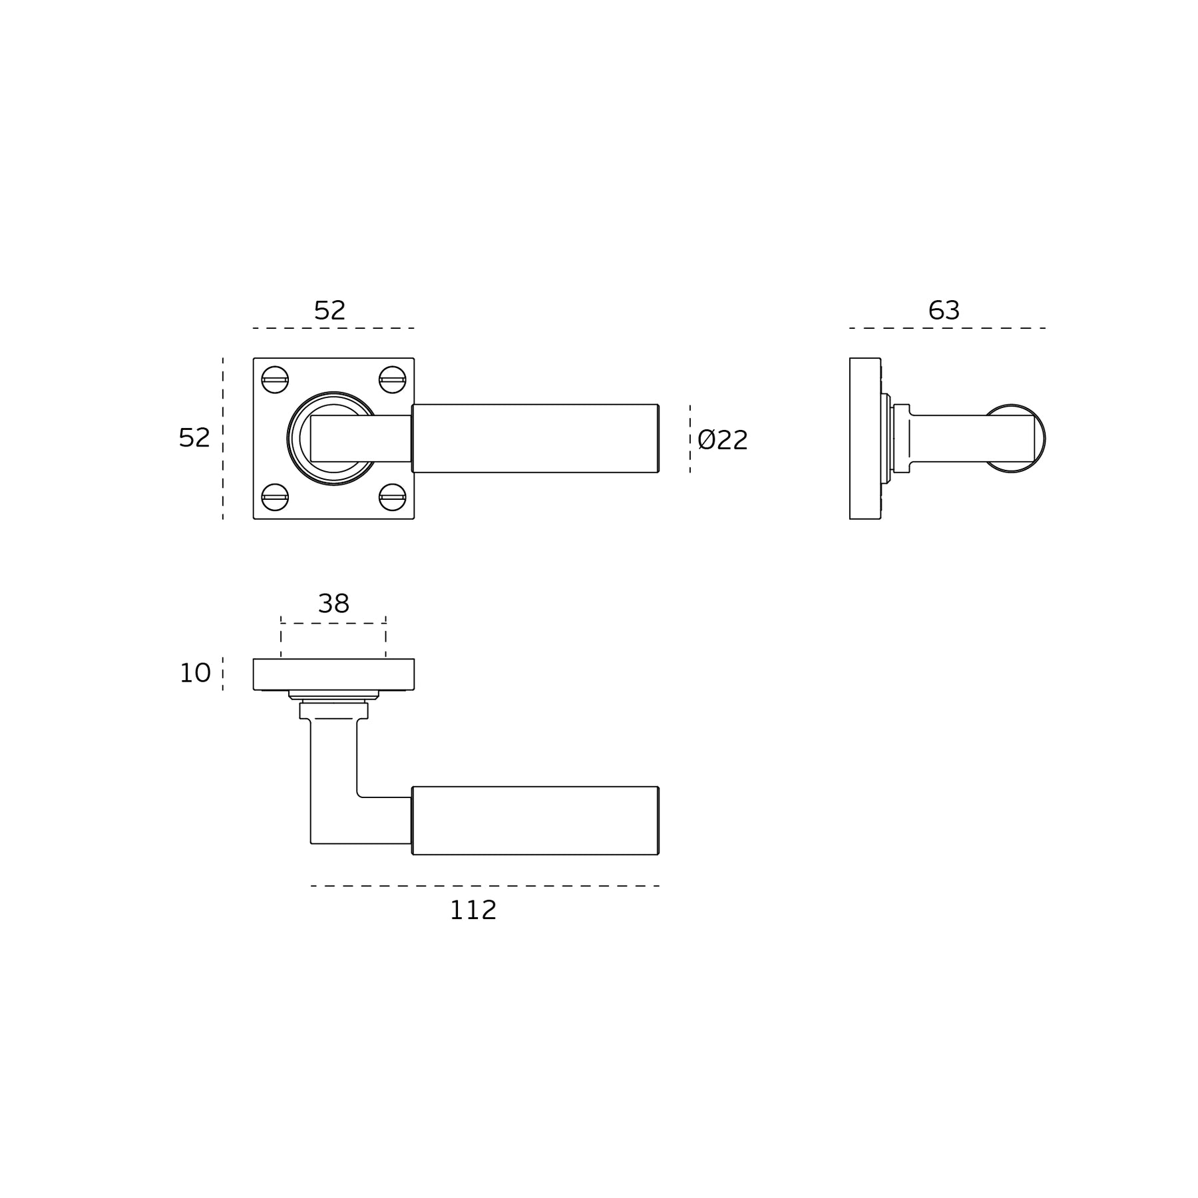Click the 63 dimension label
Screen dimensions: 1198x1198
coord(944,310)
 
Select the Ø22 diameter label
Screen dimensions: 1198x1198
coord(723,440)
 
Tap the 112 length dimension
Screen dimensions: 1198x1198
coord(473,910)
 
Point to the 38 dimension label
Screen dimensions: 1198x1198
coord(333,604)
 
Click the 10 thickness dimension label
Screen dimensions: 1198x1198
coord(195,674)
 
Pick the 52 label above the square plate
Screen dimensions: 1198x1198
coord(329,310)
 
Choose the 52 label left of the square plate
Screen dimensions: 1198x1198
coord(194,437)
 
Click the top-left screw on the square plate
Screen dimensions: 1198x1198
coord(275,380)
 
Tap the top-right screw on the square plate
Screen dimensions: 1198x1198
coord(393,380)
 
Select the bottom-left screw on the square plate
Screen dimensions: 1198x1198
coord(275,497)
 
